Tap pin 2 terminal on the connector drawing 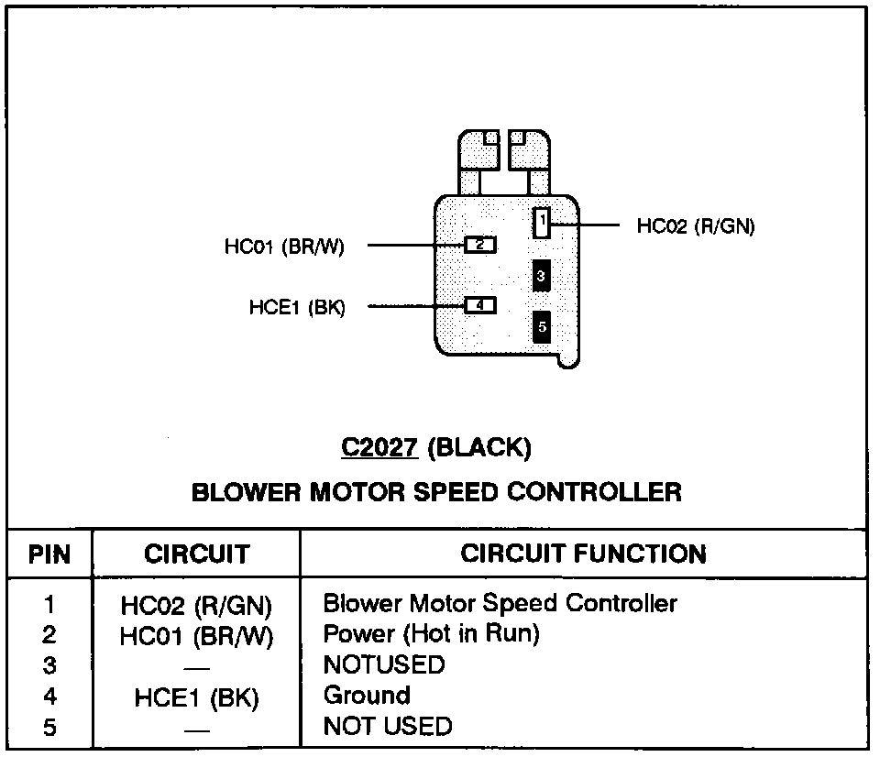tap(480, 245)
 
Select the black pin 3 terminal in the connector tap(542, 275)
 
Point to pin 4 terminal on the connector tap(480, 305)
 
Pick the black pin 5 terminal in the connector tap(542, 325)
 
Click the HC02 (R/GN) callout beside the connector tap(696, 226)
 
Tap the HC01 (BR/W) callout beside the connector tap(284, 247)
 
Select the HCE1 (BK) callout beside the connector tap(297, 308)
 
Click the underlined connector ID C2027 tap(379, 448)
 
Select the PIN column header tap(49, 554)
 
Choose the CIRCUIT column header tap(196, 554)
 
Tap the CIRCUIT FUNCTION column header tap(583, 554)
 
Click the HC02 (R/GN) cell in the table tap(196, 606)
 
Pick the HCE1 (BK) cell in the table tap(196, 698)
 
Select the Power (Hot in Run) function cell tap(431, 634)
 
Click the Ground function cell tap(367, 696)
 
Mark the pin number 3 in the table tap(49, 665)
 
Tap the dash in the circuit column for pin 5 tap(196, 730)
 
